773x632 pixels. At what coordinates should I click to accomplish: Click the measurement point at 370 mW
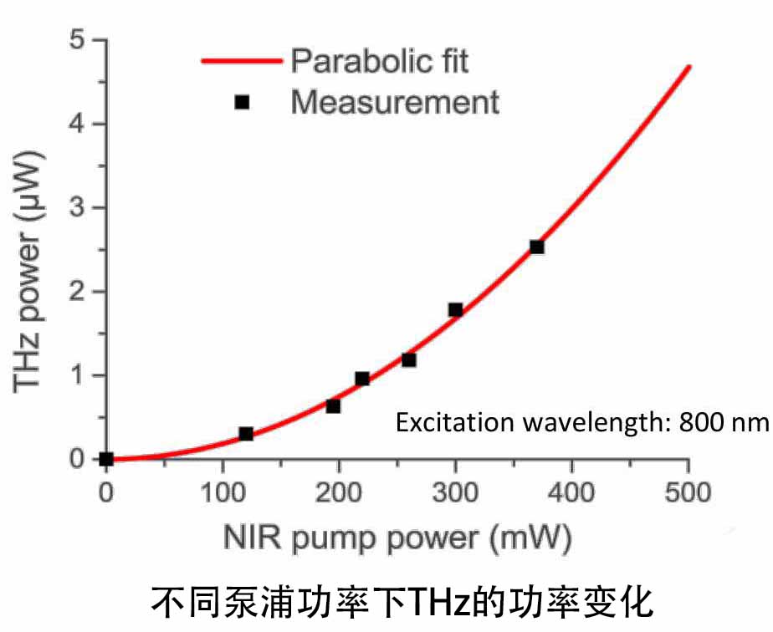pos(537,247)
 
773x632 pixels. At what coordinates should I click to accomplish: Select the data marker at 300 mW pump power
pos(455,309)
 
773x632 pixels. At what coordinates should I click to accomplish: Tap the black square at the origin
pos(106,458)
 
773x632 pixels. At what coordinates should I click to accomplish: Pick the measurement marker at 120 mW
pos(246,434)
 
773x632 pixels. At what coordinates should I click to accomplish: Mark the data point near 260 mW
pos(409,359)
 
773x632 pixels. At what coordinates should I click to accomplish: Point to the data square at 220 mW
pos(362,379)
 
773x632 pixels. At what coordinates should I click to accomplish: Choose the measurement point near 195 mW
pos(333,406)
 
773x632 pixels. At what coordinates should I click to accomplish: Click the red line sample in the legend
pos(242,60)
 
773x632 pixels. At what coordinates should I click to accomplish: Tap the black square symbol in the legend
pos(242,102)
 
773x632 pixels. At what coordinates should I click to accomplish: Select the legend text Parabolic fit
pos(380,60)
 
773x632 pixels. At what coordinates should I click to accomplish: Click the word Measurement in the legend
pos(395,102)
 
